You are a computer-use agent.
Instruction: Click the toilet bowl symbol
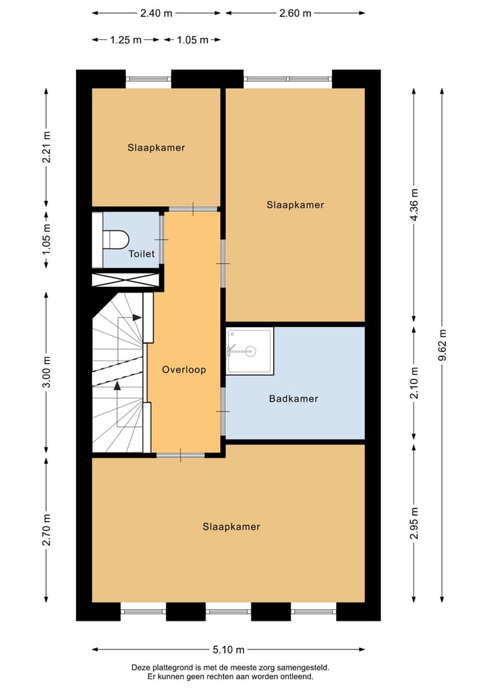[x=116, y=239]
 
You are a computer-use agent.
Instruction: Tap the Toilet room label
[x=142, y=254]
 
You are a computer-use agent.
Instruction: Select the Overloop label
[x=184, y=370]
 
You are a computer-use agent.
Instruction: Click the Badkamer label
[x=293, y=399]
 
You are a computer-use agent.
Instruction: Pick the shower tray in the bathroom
[x=249, y=351]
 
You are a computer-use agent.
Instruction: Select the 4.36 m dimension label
[x=414, y=204]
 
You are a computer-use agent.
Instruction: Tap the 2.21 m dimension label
[x=46, y=147]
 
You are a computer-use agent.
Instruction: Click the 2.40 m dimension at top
[x=156, y=13]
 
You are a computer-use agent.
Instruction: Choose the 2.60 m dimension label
[x=295, y=13]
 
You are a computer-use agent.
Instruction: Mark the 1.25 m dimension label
[x=125, y=40]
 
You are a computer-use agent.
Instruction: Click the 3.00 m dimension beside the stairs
[x=46, y=372]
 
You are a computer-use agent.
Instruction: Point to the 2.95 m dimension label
[x=414, y=523]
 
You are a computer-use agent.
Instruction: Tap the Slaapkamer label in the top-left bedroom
[x=156, y=147]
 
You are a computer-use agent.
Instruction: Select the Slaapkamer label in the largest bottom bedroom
[x=231, y=526]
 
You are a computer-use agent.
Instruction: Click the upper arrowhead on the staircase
[x=138, y=317]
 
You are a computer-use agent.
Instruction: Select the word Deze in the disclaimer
[x=142, y=668]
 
